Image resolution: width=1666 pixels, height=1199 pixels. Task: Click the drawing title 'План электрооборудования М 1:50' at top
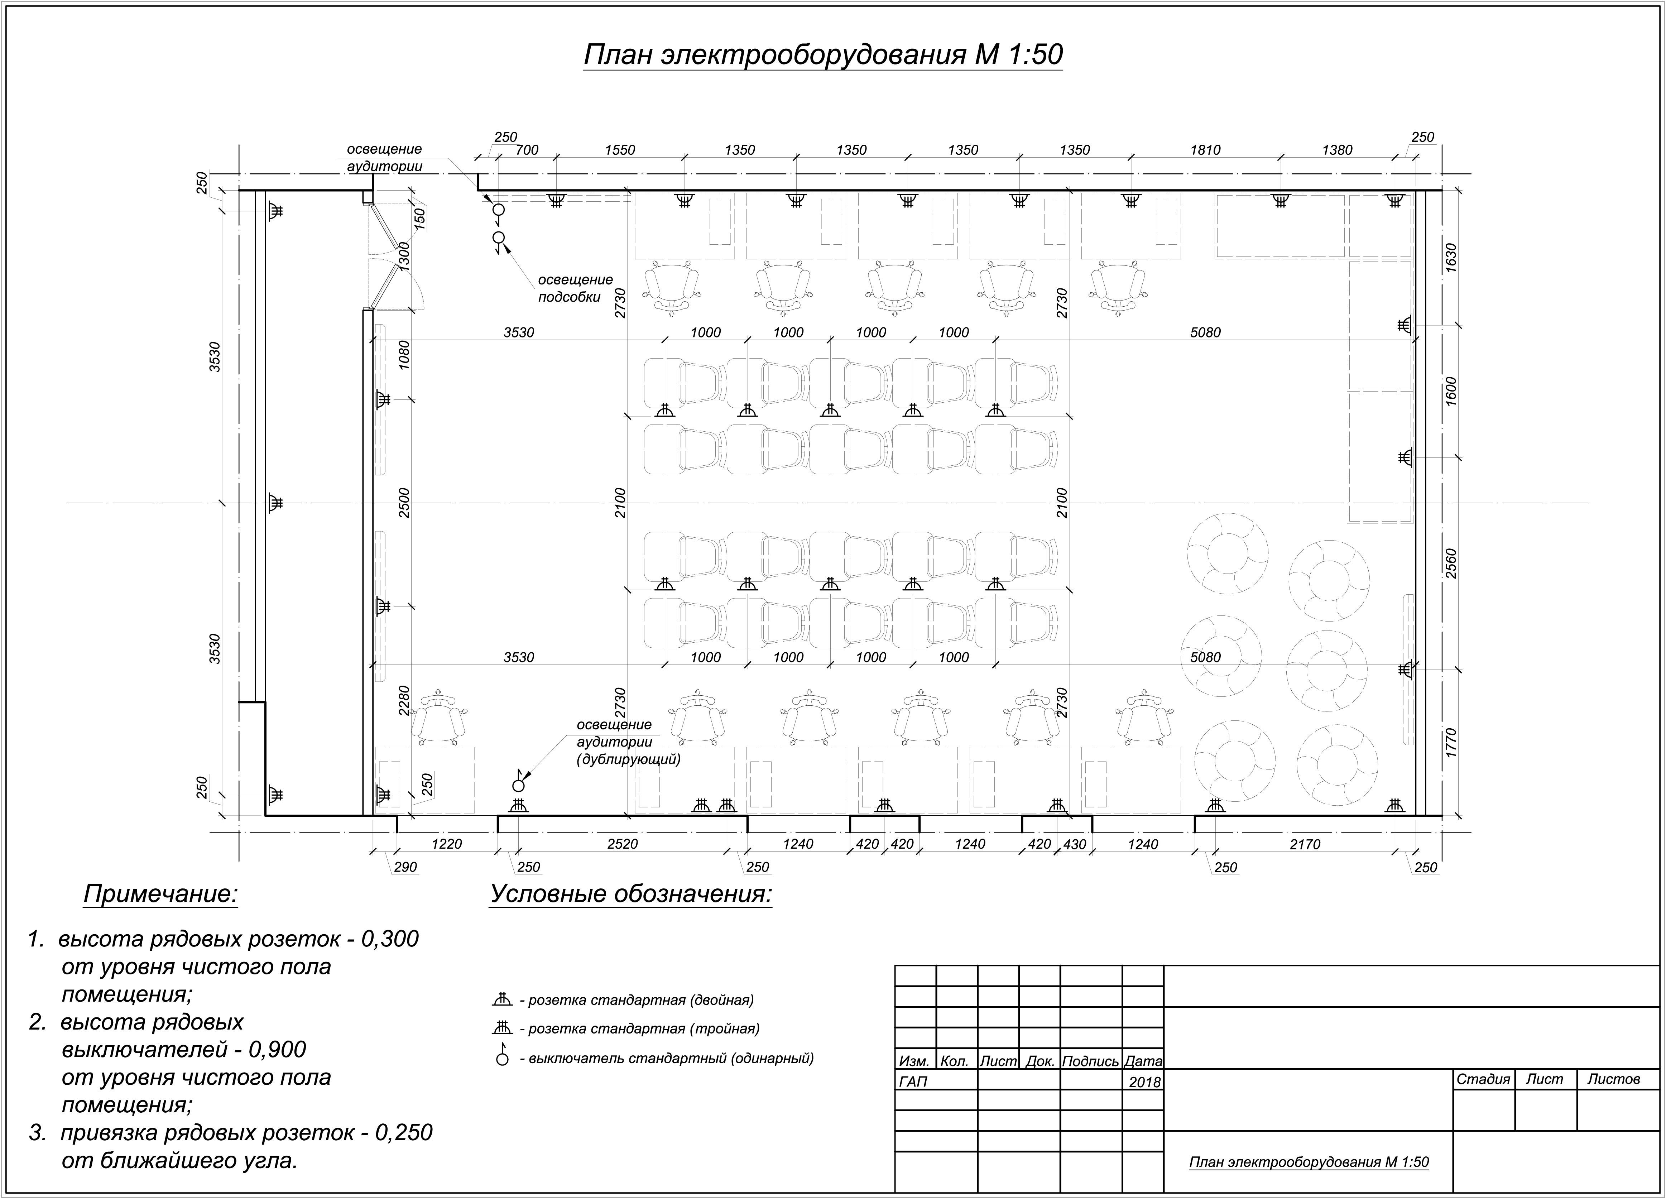coord(823,55)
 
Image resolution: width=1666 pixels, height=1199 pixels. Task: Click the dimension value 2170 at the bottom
coord(1305,844)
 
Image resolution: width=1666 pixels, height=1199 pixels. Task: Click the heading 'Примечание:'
coord(161,894)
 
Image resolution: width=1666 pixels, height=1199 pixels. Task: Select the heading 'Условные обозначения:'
coord(631,894)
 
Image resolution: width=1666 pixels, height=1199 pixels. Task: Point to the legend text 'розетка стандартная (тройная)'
coord(644,1028)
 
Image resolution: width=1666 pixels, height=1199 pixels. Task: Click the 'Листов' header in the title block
coord(1614,1079)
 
